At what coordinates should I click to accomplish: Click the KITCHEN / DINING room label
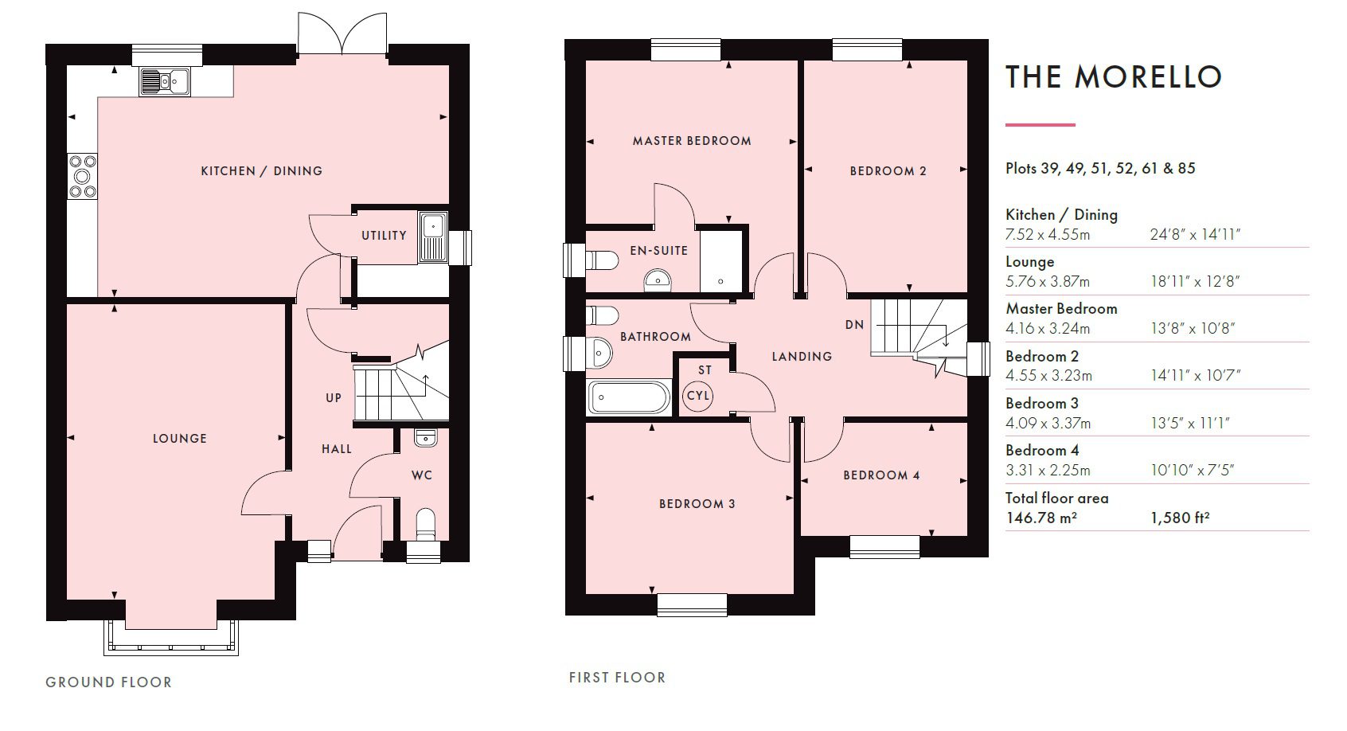261,170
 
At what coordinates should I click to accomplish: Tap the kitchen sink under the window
164,81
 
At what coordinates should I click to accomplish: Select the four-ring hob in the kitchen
83,175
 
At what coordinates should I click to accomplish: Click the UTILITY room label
384,235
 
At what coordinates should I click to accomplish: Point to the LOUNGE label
180,438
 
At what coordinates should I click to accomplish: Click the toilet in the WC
426,524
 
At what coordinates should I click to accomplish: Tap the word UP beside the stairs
334,397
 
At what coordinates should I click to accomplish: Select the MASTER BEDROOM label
692,141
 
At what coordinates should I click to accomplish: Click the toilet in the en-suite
602,260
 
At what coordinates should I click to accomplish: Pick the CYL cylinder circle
699,396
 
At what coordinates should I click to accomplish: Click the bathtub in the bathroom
630,397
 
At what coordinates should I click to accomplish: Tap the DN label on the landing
854,325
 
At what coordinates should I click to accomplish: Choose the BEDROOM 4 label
881,475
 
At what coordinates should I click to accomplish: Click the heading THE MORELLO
1113,76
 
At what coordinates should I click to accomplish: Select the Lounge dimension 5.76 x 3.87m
1048,281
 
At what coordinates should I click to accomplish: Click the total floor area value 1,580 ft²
1180,518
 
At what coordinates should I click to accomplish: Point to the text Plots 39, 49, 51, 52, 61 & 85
1100,168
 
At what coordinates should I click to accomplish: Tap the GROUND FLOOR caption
108,682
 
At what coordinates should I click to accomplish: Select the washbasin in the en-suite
658,279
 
